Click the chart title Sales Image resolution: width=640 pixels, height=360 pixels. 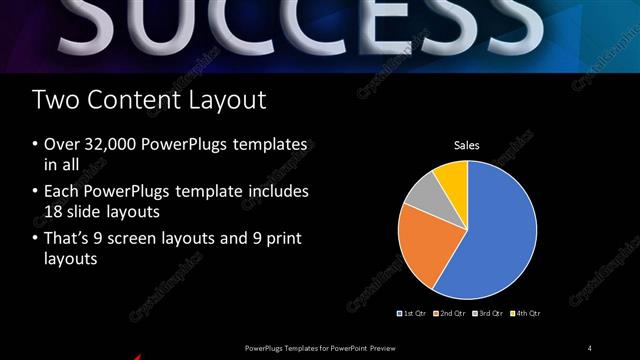click(x=467, y=146)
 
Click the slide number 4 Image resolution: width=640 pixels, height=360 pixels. click(x=590, y=347)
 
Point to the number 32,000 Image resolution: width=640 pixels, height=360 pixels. click(x=109, y=145)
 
